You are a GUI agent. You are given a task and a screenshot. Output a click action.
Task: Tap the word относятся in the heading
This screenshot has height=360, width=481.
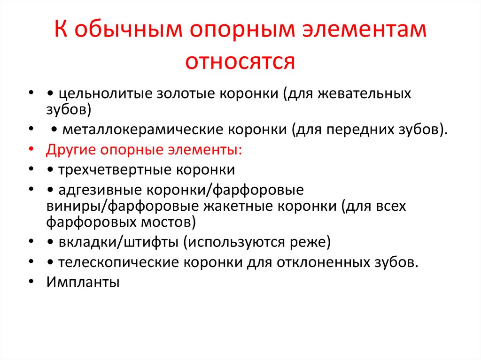(x=240, y=61)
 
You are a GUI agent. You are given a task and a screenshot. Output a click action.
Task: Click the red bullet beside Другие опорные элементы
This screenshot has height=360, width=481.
(x=31, y=151)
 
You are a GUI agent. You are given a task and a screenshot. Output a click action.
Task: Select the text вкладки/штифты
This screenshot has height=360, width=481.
(x=119, y=242)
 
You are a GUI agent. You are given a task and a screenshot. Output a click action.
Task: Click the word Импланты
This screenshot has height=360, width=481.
(x=83, y=282)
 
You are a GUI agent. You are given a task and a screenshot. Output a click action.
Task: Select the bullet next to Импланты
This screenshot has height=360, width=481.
(x=31, y=283)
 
